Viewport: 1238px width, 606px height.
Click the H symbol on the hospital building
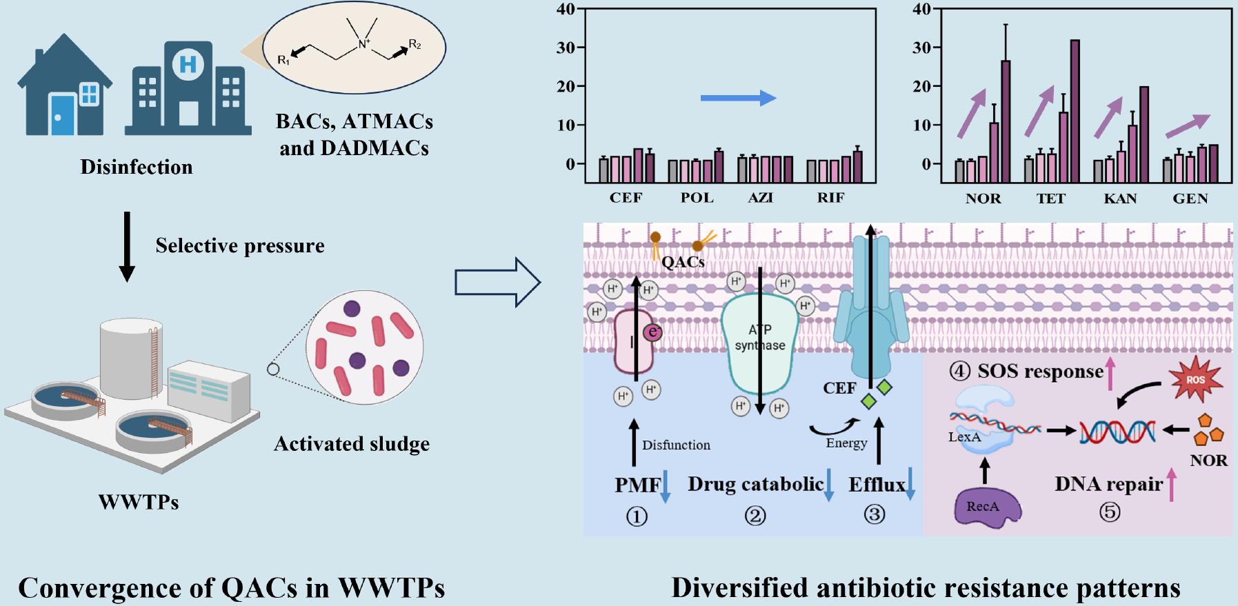pos(188,65)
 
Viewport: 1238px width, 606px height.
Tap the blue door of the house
pos(62,114)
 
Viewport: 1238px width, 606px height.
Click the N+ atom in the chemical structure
pos(364,44)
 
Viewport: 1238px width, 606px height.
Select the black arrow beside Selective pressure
pos(127,246)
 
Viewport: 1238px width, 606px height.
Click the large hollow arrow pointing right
pos(497,282)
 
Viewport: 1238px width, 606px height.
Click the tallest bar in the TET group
pos(1075,110)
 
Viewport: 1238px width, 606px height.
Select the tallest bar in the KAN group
pos(1144,134)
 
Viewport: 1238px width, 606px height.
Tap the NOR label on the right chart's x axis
pos(983,199)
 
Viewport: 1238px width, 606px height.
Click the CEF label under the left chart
pos(626,198)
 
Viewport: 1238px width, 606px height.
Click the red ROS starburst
pos(1195,379)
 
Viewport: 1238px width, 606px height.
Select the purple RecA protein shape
pos(986,507)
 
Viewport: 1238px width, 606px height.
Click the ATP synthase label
pos(760,337)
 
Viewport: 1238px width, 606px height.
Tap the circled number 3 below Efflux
pos(875,514)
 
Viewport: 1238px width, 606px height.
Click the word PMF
pos(637,485)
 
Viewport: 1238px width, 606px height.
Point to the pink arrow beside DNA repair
pos(1170,484)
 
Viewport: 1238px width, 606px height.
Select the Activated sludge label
pos(352,443)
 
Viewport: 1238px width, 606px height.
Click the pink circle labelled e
pos(652,332)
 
